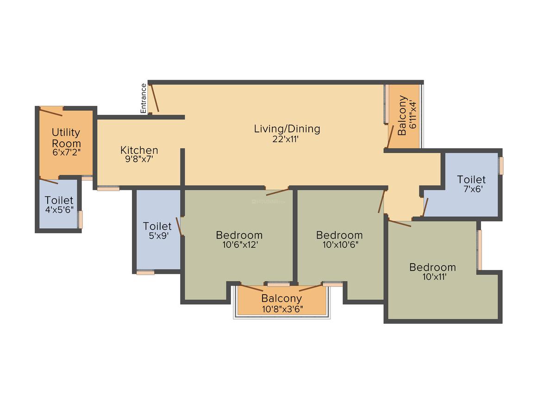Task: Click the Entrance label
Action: click(x=144, y=98)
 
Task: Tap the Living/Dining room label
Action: click(x=287, y=129)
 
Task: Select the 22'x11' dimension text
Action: click(x=286, y=139)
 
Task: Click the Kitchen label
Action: click(x=139, y=150)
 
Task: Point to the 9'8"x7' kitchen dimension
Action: click(x=139, y=159)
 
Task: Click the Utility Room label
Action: click(x=66, y=138)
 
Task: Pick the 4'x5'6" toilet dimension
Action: click(x=59, y=210)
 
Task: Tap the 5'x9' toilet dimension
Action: click(x=159, y=236)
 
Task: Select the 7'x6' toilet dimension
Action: click(x=473, y=189)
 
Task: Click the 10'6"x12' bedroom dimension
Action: click(x=240, y=245)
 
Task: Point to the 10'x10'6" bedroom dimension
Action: click(x=340, y=245)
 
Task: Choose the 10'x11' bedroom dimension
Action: click(x=434, y=277)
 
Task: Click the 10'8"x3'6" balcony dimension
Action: click(x=282, y=309)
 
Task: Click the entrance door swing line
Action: click(x=155, y=98)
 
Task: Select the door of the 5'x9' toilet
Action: click(x=178, y=227)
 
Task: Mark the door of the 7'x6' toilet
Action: click(x=425, y=207)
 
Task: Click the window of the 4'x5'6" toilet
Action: click(x=81, y=220)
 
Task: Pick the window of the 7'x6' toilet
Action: click(x=501, y=166)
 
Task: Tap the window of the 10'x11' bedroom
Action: click(x=480, y=250)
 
